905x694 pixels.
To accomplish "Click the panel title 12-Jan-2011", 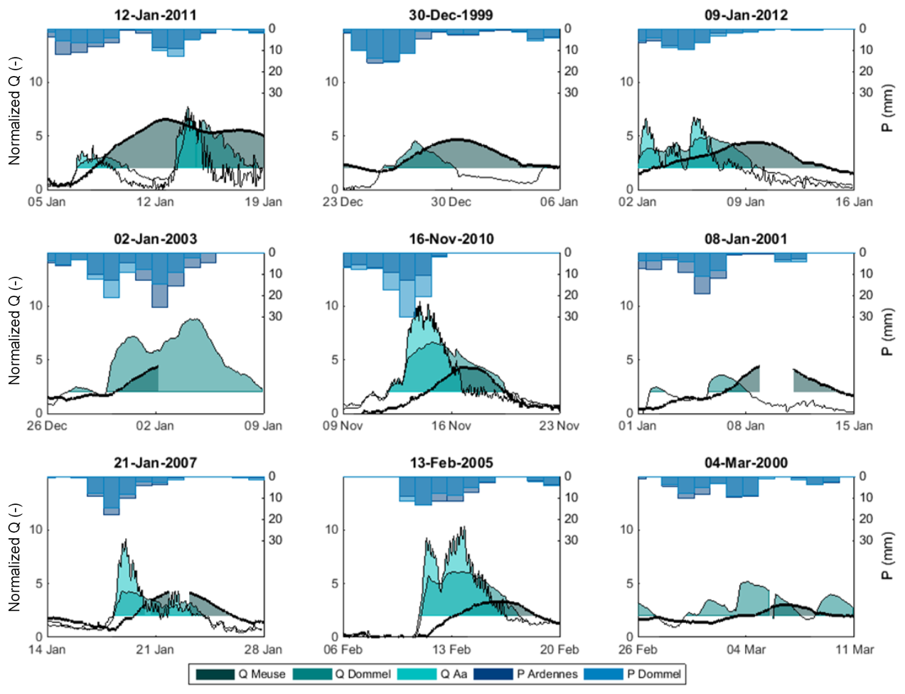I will pos(155,15).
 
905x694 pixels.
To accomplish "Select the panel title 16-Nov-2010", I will pos(451,239).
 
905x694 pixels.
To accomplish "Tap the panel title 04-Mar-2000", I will pos(746,463).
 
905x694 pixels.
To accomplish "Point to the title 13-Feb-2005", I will pos(451,463).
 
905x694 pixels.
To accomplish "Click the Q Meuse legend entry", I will pos(241,674).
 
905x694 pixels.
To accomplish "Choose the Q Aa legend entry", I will pos(434,674).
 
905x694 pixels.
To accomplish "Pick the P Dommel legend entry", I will pos(633,674).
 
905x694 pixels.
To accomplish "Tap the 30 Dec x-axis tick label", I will pos(451,202).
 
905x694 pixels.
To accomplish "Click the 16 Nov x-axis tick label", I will pos(451,426).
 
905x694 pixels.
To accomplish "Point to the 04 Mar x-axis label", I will pos(746,650).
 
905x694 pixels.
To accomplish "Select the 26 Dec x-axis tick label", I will pos(47,426).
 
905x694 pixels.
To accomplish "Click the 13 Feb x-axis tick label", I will pos(451,650).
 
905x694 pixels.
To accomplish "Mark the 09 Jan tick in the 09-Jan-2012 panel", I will pos(746,202).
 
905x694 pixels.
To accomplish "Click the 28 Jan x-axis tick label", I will pos(263,650).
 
